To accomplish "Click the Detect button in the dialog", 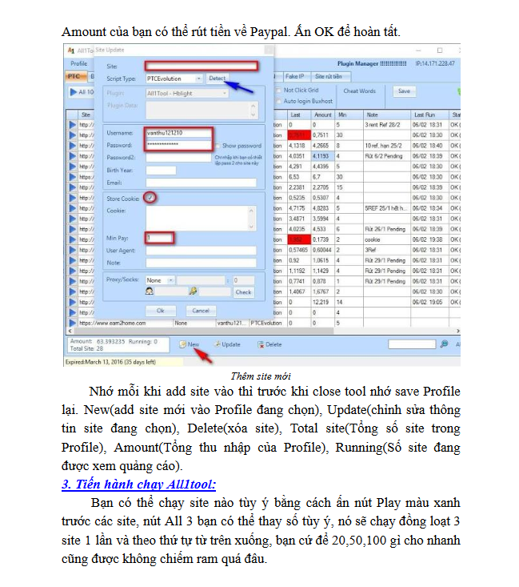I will tap(218, 78).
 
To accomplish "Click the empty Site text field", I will tap(201, 66).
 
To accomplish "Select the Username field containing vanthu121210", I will tap(179, 132).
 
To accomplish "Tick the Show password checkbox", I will tap(217, 146).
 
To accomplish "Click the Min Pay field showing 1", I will tap(160, 238).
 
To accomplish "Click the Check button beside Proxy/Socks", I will tap(243, 292).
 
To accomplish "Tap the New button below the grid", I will tap(190, 344).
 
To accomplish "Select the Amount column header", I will tap(322, 115).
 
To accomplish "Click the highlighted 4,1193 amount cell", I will tap(324, 155).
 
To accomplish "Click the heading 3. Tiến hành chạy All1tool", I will tap(138, 484).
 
